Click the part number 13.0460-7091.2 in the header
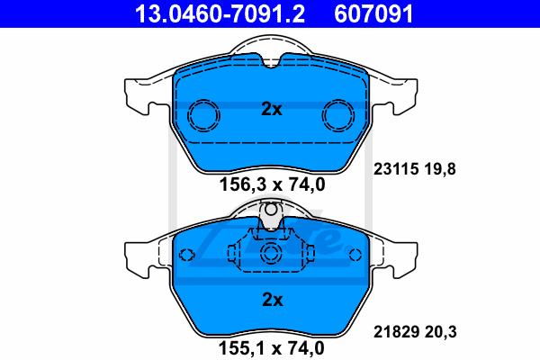click(220, 13)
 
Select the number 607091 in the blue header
click(373, 13)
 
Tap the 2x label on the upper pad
click(272, 109)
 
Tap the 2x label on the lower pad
click(273, 300)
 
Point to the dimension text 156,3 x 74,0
click(273, 184)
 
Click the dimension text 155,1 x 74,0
click(272, 348)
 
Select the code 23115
click(396, 169)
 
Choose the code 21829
click(396, 332)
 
